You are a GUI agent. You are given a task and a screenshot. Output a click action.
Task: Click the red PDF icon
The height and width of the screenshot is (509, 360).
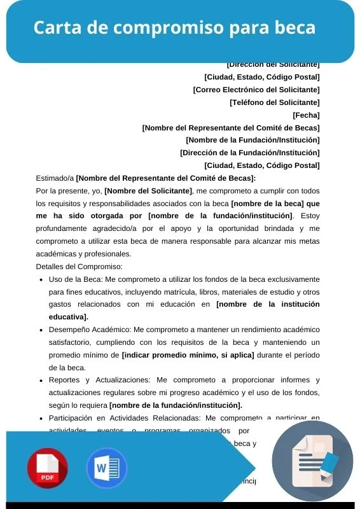point(47,468)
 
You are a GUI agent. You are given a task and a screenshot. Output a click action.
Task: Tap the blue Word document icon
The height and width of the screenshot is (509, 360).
point(106,468)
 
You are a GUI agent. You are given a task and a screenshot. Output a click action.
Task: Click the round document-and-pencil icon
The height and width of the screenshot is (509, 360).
point(317,461)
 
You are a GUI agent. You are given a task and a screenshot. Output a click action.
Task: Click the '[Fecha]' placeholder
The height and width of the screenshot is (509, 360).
point(306,115)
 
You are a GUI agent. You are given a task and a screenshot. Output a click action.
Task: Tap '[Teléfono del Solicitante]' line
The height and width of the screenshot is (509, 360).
point(274,102)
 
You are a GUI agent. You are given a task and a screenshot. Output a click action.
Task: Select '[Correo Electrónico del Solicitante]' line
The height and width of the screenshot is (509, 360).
point(256,90)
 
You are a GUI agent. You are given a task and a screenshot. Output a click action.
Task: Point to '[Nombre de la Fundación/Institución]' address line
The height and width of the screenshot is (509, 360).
point(253,140)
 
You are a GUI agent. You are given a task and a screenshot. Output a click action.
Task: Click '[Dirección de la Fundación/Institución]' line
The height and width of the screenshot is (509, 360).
point(250,153)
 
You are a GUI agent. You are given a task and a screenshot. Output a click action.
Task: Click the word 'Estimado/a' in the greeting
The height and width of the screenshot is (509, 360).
point(55,178)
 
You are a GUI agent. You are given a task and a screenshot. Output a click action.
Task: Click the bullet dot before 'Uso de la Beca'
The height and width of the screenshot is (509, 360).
point(41,279)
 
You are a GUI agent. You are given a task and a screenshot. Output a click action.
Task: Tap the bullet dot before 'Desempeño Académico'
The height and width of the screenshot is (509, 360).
point(41,330)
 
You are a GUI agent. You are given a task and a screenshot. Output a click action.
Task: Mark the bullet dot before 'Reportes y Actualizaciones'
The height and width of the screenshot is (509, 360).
point(41,380)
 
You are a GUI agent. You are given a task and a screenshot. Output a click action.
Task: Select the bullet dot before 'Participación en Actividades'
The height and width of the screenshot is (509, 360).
point(41,418)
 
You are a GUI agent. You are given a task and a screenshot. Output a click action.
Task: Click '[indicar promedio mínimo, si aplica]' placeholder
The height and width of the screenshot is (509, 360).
point(188,354)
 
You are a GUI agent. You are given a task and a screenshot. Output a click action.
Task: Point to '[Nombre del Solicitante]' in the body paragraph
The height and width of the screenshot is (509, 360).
point(148,191)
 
